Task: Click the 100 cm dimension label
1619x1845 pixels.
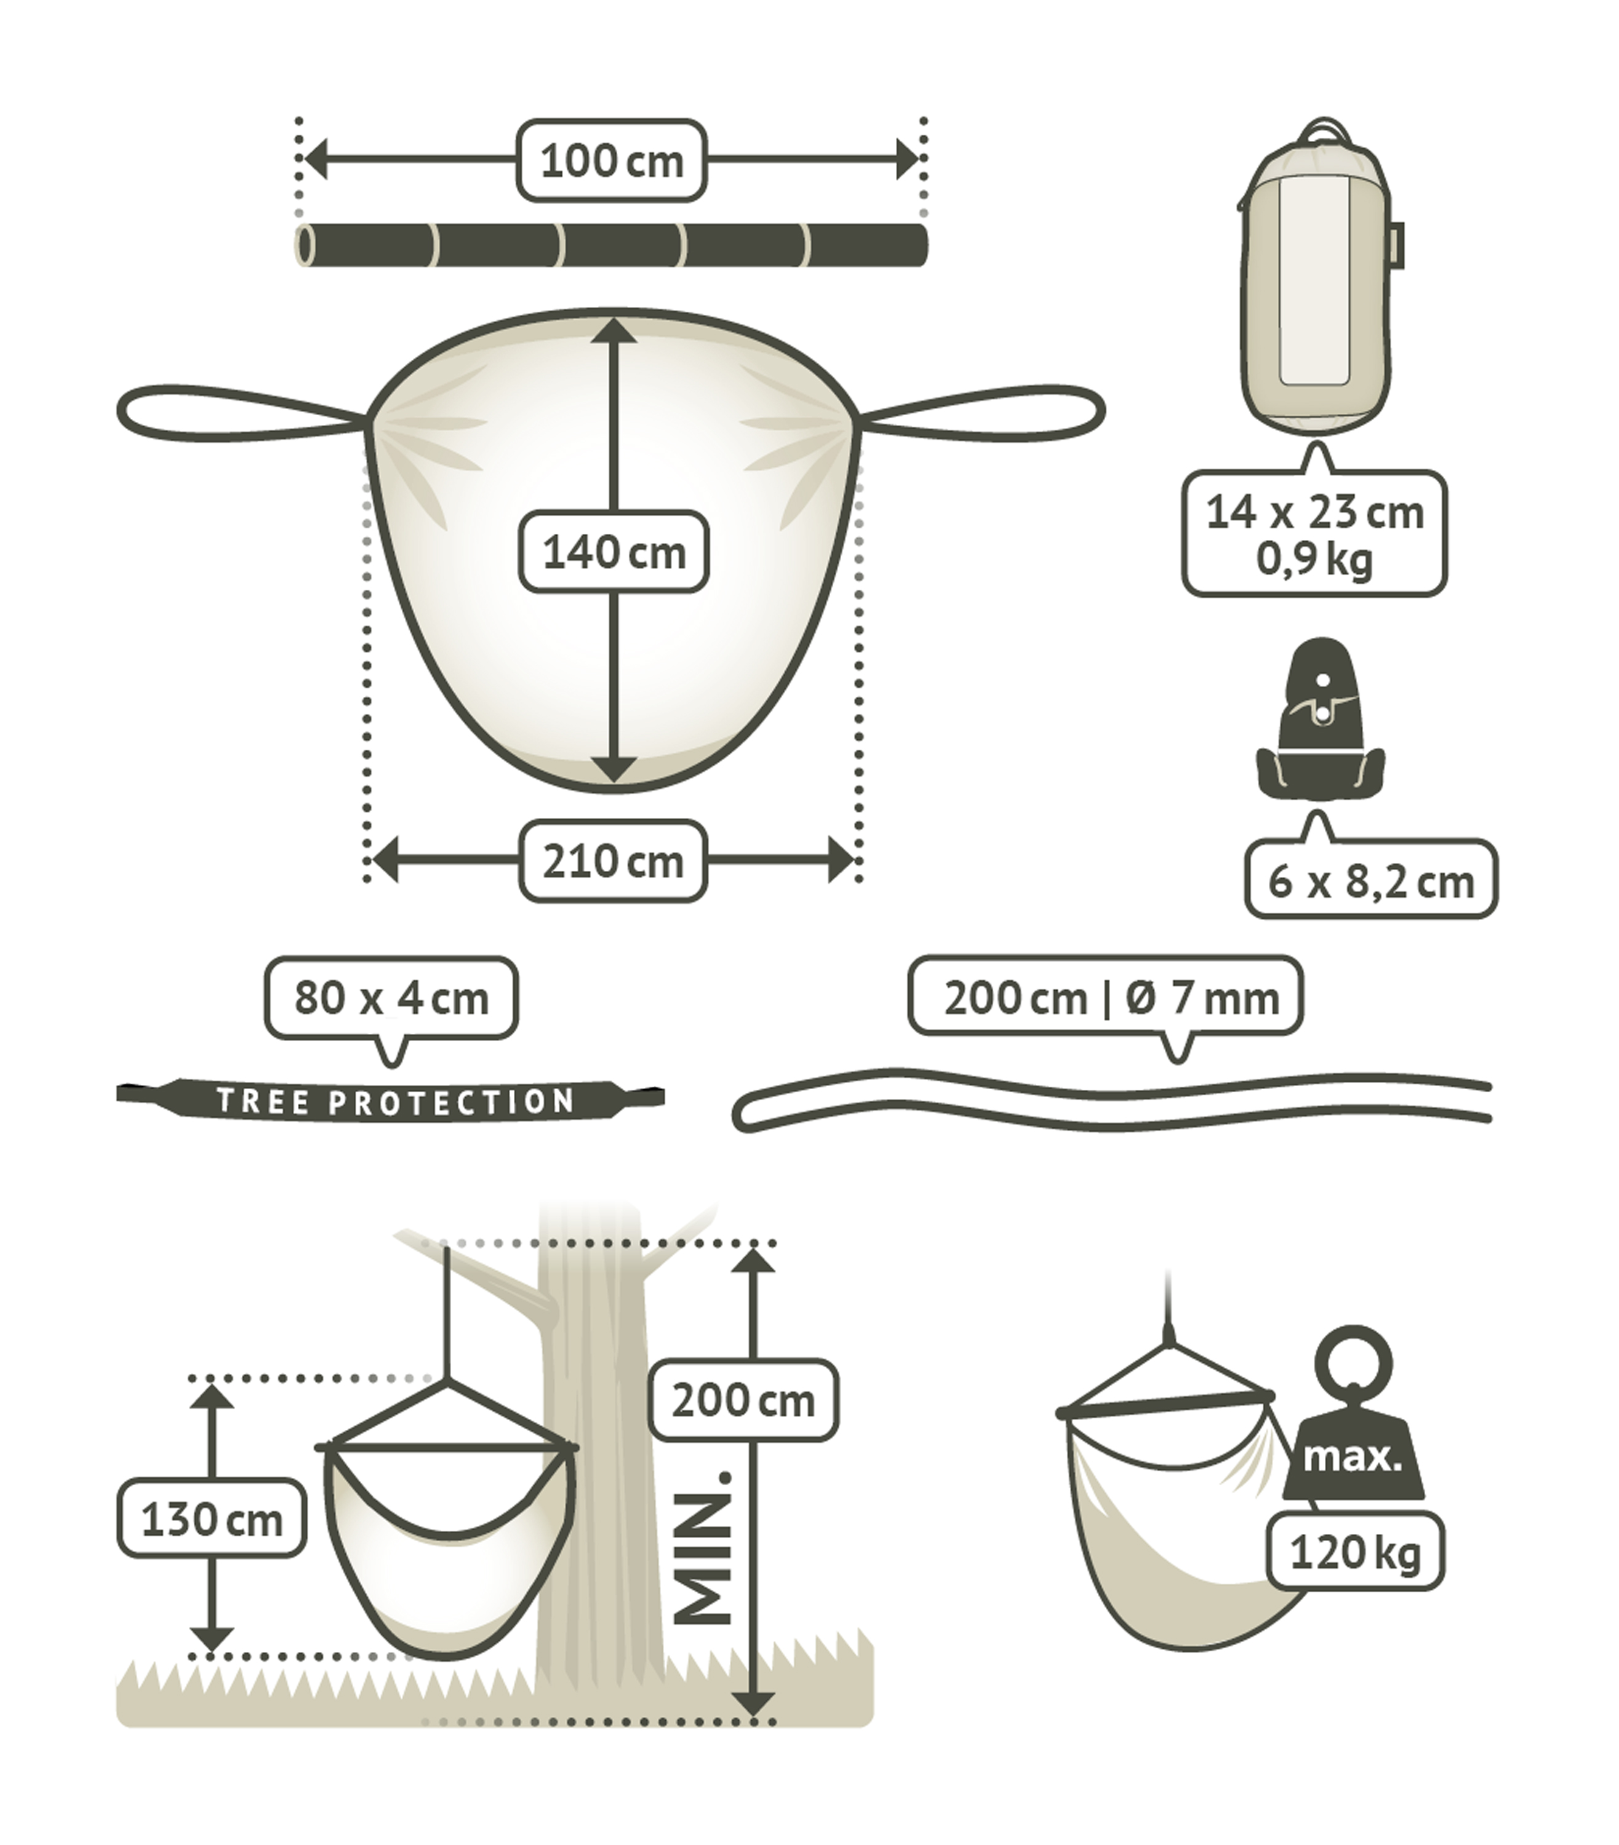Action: tap(611, 161)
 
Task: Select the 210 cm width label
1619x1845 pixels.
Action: tap(613, 861)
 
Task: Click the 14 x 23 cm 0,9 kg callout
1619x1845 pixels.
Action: tap(1314, 533)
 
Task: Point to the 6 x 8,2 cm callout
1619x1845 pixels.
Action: tap(1370, 880)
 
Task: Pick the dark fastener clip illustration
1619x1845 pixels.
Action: tap(1320, 720)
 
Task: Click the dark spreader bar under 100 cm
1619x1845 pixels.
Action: tap(611, 245)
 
